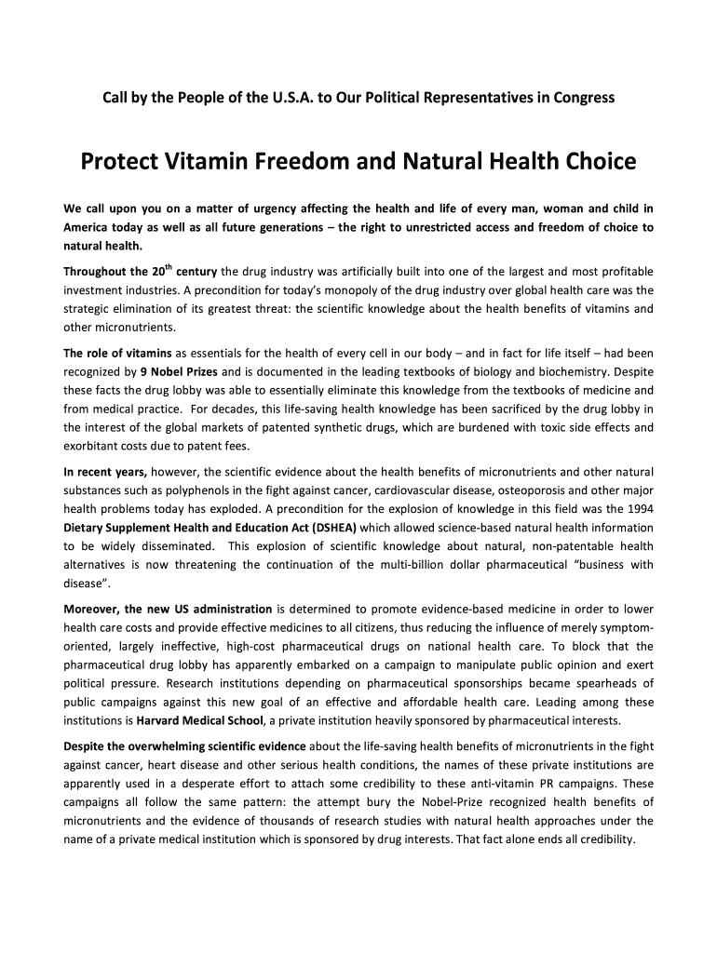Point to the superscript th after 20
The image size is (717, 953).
(x=169, y=267)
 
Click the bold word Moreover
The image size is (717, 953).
(x=91, y=610)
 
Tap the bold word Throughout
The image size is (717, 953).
(x=97, y=273)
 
